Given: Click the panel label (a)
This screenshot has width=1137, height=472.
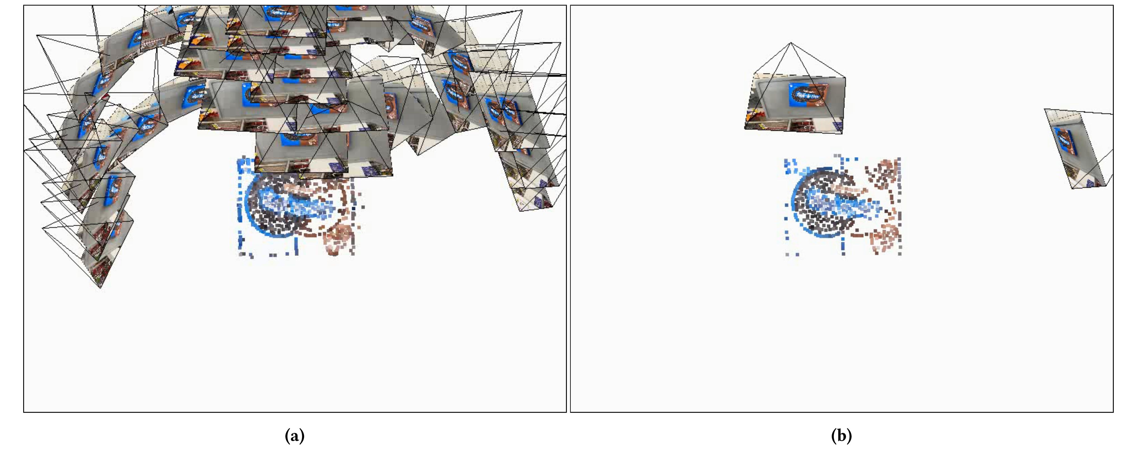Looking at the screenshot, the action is [x=295, y=436].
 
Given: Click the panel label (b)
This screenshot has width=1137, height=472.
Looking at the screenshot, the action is [x=841, y=436].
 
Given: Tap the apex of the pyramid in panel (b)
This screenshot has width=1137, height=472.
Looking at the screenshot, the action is [x=791, y=43].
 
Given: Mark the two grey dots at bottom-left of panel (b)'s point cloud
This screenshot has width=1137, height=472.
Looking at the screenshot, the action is [x=792, y=254].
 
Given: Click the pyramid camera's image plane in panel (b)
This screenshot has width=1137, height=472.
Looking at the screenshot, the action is [x=795, y=104].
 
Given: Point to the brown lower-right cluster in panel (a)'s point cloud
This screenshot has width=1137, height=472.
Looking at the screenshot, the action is [x=338, y=238].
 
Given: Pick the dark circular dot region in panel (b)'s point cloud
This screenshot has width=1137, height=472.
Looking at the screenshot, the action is [x=825, y=203].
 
